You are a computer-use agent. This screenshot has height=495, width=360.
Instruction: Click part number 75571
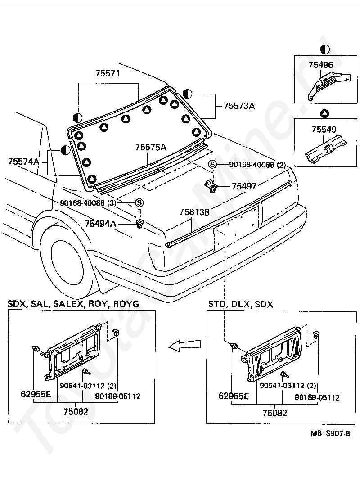pos(108,74)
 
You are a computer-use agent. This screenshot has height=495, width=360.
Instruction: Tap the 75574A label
pos(23,161)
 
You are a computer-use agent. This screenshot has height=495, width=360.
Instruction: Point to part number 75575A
pos(151,147)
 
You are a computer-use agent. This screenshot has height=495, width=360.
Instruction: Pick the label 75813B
pos(195,212)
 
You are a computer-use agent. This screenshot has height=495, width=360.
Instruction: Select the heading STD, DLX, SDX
pos(240,304)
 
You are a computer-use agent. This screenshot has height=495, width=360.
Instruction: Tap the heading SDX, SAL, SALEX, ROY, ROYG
pos(73,304)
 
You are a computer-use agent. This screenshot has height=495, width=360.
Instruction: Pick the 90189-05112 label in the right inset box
pos(317,397)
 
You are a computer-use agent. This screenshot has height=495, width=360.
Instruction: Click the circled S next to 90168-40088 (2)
pos(212,165)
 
